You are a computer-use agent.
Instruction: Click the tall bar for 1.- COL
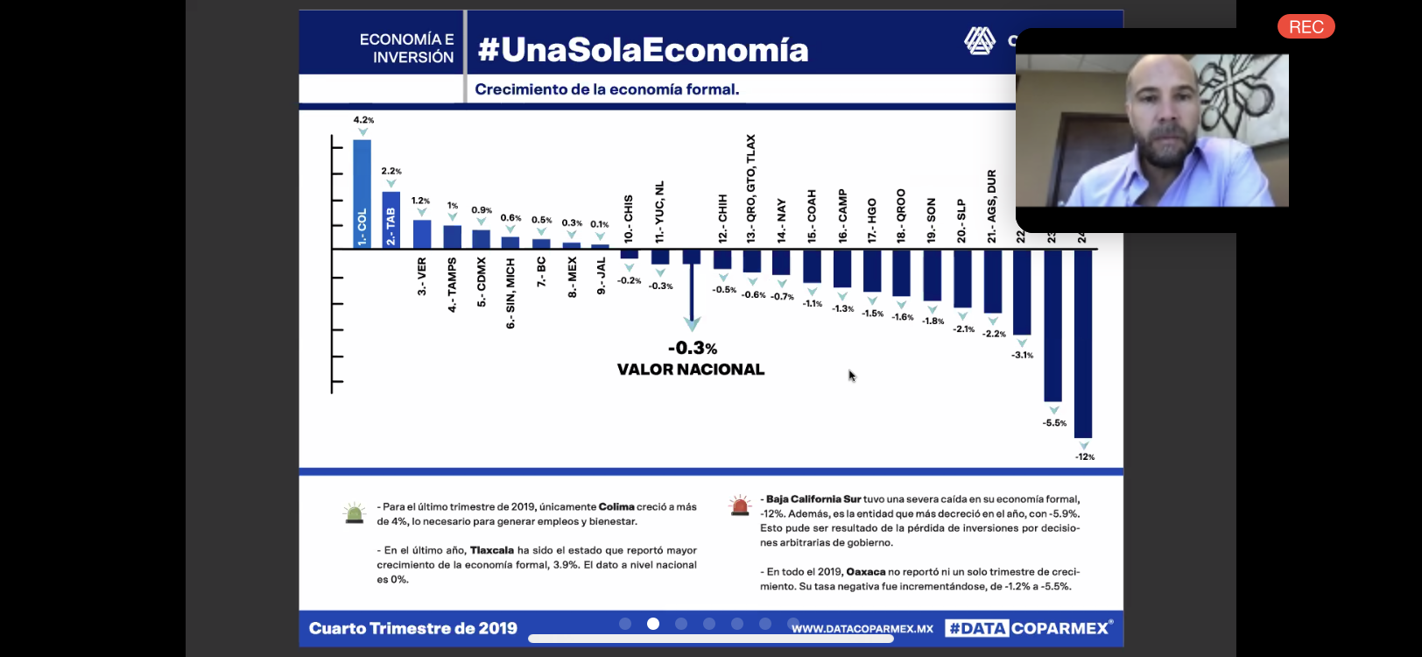point(362,193)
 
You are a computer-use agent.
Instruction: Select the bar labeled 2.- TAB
point(391,219)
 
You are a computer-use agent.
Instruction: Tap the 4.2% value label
point(363,120)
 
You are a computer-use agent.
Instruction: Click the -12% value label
point(1085,456)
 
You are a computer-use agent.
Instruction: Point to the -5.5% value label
point(1054,423)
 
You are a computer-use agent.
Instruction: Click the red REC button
point(1306,27)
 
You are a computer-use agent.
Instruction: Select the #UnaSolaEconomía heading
point(643,50)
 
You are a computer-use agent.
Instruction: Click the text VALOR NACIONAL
point(690,370)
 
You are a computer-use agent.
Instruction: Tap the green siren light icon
point(355,513)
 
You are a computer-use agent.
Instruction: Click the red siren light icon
point(740,505)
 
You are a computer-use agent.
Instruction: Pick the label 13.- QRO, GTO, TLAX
point(750,188)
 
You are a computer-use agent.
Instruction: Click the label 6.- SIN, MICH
point(510,293)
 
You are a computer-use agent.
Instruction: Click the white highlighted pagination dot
point(653,624)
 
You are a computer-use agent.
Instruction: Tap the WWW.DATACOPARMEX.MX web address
point(862,629)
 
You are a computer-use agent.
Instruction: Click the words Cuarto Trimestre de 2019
point(413,628)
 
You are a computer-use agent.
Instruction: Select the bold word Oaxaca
point(866,572)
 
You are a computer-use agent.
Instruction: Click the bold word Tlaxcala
point(491,550)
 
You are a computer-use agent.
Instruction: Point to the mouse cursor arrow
point(851,375)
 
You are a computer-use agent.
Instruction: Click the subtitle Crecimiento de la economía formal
point(607,89)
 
